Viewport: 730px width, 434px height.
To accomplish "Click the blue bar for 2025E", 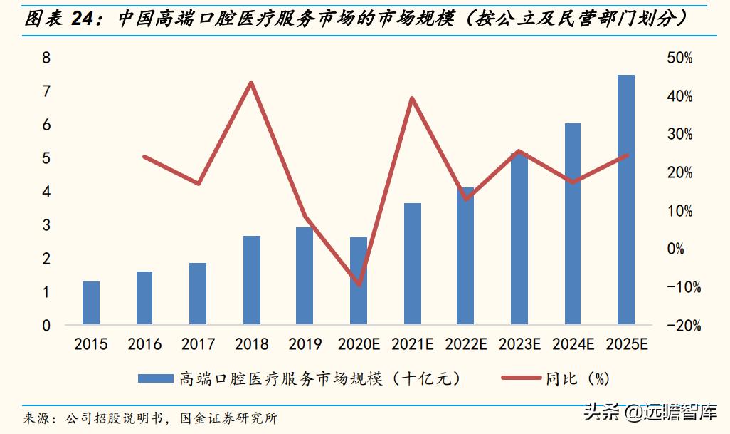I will [x=625, y=200].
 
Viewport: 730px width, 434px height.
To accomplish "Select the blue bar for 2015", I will [x=91, y=304].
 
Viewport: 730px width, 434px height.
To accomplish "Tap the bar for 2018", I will [x=251, y=281].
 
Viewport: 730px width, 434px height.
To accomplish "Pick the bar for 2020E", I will [x=359, y=281].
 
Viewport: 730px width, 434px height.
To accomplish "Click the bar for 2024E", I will [x=572, y=224].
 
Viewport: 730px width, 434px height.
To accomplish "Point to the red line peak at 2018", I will [x=251, y=83].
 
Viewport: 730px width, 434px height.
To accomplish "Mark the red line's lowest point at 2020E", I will [x=360, y=285].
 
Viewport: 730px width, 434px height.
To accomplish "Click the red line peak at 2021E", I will [x=412, y=98].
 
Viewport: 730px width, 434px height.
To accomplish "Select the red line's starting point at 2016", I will [x=144, y=157].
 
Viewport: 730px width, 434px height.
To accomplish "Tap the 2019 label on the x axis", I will [x=305, y=345].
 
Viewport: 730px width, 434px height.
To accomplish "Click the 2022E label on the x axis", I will [x=466, y=345].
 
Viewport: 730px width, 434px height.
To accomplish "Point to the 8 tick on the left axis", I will [x=46, y=58].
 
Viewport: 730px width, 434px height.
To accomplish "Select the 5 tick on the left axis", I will [x=46, y=158].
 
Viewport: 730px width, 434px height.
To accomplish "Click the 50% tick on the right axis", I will [x=679, y=58].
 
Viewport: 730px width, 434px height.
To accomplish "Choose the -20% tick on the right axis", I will [x=684, y=326].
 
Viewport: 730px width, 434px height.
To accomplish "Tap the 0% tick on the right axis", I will [x=675, y=249].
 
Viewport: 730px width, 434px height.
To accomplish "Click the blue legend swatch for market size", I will [x=155, y=378].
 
